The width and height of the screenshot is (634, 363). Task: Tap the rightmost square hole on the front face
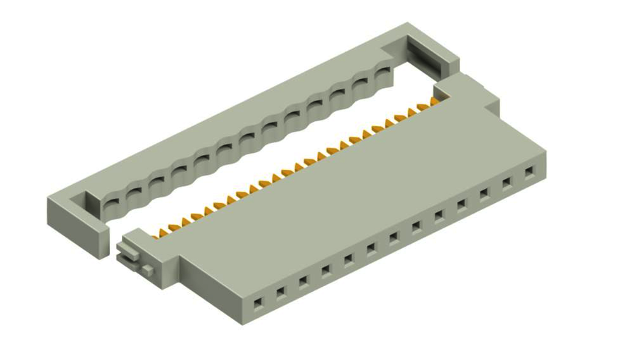pyautogui.click(x=529, y=171)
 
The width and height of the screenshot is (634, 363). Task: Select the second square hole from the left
pyautogui.click(x=280, y=290)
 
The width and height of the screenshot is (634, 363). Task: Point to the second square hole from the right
pyautogui.click(x=506, y=183)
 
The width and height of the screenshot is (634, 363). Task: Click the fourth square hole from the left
pyautogui.click(x=326, y=269)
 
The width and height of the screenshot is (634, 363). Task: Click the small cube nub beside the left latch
pyautogui.click(x=147, y=269)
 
